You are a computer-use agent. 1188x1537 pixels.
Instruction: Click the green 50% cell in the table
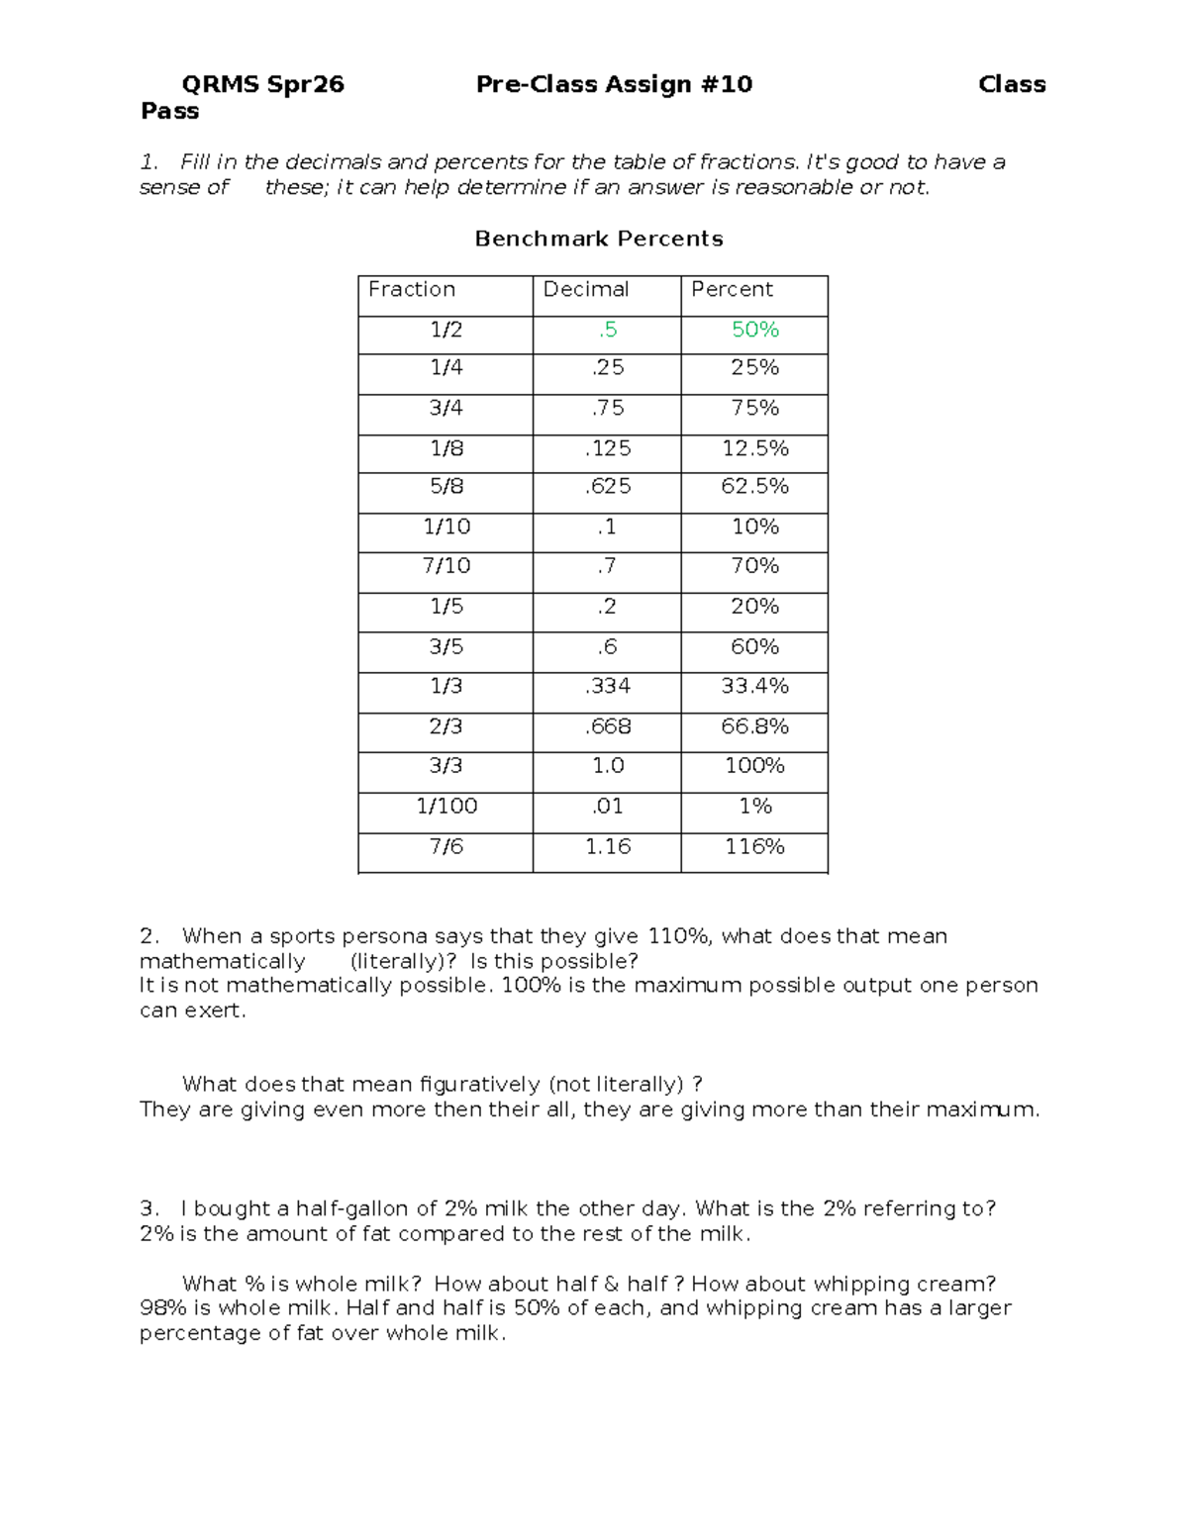(x=754, y=330)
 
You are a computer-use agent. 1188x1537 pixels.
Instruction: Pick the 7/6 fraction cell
(x=446, y=846)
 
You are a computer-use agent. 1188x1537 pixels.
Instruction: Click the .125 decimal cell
(x=608, y=448)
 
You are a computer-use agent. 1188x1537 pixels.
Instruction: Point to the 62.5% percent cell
(x=754, y=487)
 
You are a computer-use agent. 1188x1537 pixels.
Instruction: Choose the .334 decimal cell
(x=608, y=686)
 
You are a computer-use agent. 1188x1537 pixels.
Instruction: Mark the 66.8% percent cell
(x=754, y=726)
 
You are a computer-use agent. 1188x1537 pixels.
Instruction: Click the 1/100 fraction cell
(x=446, y=806)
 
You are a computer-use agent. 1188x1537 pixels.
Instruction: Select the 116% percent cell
(x=754, y=846)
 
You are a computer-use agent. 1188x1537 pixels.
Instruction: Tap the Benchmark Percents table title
(x=599, y=239)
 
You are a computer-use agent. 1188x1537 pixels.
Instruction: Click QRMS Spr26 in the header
(x=263, y=84)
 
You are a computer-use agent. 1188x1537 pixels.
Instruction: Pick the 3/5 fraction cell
(x=446, y=646)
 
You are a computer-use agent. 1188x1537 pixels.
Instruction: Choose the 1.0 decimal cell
(x=608, y=766)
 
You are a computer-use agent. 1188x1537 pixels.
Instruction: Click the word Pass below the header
(x=170, y=111)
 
